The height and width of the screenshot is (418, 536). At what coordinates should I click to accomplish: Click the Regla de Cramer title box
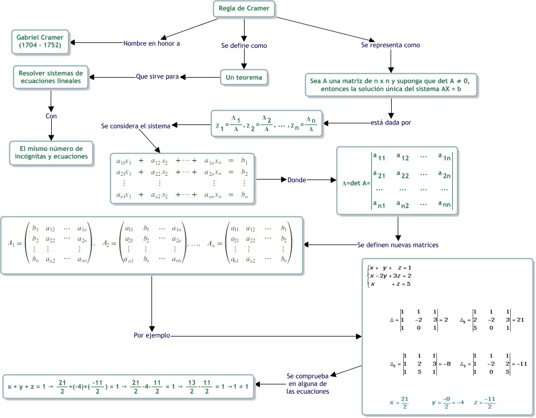click(x=244, y=9)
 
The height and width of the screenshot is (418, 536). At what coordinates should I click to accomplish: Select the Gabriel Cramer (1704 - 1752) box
click(x=39, y=40)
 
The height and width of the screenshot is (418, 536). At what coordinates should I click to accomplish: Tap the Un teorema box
click(x=244, y=78)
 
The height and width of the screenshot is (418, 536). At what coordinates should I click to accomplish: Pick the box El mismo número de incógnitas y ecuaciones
click(x=51, y=153)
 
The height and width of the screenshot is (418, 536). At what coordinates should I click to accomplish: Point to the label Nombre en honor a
click(x=151, y=43)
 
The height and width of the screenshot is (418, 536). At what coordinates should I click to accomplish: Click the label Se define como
click(x=244, y=46)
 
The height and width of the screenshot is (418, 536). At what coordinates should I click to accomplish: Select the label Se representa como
click(x=391, y=45)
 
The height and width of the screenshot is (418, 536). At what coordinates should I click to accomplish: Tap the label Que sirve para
click(x=157, y=77)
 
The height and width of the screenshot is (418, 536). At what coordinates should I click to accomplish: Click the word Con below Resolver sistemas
click(x=51, y=116)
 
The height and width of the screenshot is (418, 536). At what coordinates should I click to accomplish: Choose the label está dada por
click(x=391, y=122)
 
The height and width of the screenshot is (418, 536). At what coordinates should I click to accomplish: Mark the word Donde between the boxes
click(x=297, y=180)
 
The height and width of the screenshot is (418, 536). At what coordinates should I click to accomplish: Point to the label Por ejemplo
click(x=152, y=335)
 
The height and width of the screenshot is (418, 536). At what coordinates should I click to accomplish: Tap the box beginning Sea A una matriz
click(x=391, y=85)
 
